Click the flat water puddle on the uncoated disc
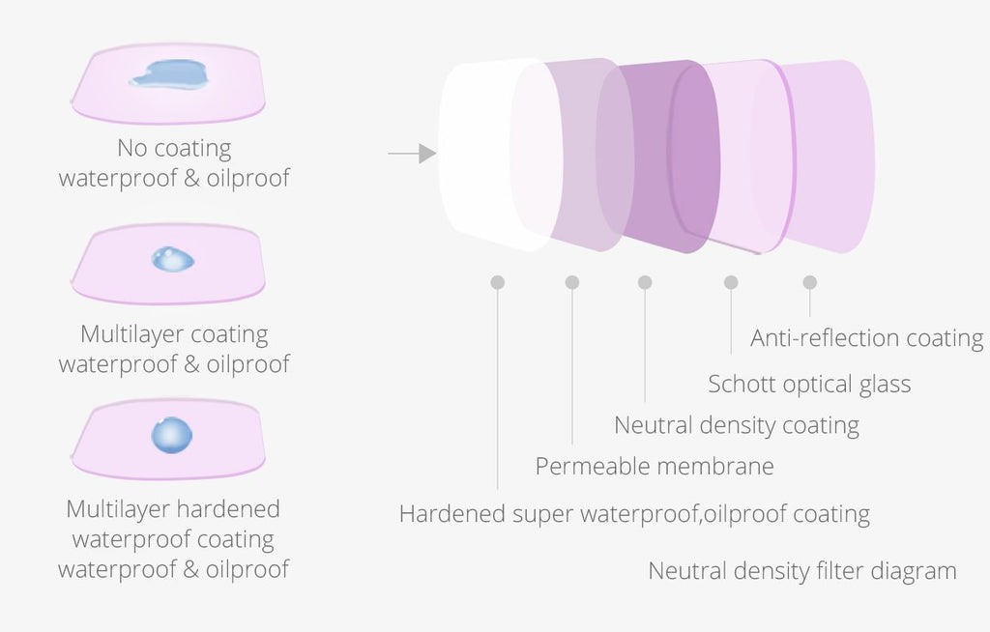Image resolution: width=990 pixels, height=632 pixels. [x=169, y=73]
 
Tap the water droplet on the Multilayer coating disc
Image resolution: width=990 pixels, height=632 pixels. [x=172, y=259]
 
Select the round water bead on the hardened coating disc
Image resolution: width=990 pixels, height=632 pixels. [x=172, y=435]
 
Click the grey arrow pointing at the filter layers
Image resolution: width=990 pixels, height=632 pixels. [x=412, y=154]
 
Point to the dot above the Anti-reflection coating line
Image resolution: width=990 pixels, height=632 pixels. [x=809, y=282]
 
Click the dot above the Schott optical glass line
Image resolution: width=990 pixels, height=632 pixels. [x=731, y=282]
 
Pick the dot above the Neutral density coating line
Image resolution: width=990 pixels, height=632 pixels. [x=645, y=282]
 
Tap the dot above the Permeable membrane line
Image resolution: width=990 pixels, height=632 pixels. [x=572, y=282]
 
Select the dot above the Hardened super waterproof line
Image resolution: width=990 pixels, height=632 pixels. [x=498, y=282]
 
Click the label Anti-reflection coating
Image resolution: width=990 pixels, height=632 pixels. [x=866, y=338]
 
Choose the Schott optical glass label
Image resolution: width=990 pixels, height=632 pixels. [x=809, y=384]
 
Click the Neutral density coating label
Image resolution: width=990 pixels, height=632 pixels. [x=736, y=425]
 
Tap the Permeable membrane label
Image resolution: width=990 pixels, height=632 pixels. [x=655, y=466]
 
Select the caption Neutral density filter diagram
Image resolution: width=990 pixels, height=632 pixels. [x=801, y=571]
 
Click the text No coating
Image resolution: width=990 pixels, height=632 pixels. [x=174, y=149]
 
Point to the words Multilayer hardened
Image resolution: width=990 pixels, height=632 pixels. [x=173, y=509]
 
